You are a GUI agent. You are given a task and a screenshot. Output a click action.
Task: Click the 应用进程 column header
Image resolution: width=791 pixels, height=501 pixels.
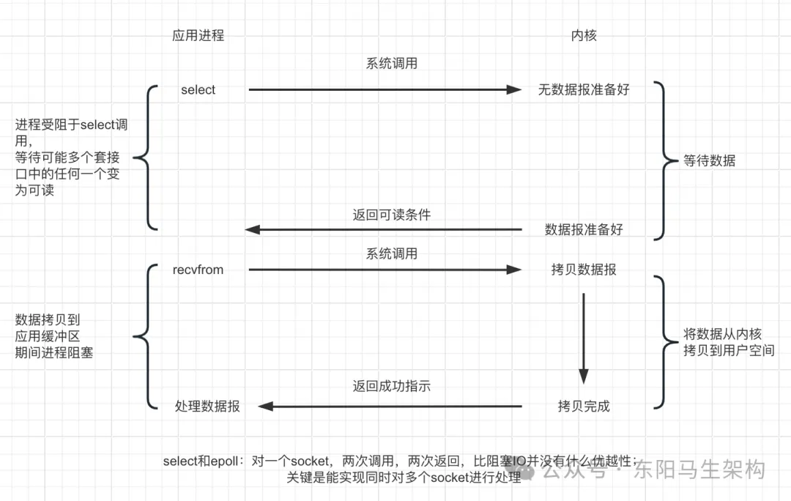198,35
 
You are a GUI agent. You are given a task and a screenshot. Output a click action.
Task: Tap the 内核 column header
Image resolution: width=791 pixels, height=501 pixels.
584,35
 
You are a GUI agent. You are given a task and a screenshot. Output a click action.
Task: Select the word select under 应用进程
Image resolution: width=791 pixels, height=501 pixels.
198,90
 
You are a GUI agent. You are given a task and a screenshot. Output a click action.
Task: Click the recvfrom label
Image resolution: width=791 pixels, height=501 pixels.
198,270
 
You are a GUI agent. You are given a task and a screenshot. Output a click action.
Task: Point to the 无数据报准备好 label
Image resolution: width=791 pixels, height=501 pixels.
584,90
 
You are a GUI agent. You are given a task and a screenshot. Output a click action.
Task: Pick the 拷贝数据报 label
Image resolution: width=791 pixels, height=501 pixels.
584,270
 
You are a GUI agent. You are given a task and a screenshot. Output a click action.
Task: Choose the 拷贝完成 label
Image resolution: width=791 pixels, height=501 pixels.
584,407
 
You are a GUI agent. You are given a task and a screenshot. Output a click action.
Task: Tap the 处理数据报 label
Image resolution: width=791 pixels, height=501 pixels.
207,407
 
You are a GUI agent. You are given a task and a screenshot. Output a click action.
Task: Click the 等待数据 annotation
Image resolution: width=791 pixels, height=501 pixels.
709,160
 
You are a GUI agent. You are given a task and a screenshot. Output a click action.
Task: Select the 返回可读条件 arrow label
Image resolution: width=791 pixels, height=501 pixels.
391,215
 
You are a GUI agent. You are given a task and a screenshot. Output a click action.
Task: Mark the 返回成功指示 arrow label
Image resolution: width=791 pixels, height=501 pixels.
391,386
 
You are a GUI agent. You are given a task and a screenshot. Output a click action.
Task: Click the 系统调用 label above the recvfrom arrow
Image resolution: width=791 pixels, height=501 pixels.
391,253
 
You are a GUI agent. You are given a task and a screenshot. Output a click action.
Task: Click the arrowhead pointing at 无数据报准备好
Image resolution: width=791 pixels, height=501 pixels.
515,90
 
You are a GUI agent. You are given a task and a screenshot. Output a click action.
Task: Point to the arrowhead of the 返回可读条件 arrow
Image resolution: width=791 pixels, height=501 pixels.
252,229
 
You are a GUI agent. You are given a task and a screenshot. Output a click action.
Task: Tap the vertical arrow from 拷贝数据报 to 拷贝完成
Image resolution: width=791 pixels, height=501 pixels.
584,338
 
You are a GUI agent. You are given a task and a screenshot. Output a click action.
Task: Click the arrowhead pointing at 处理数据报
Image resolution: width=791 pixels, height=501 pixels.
266,407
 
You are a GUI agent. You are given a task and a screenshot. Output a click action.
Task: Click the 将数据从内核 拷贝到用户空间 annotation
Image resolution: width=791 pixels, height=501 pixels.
729,342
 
